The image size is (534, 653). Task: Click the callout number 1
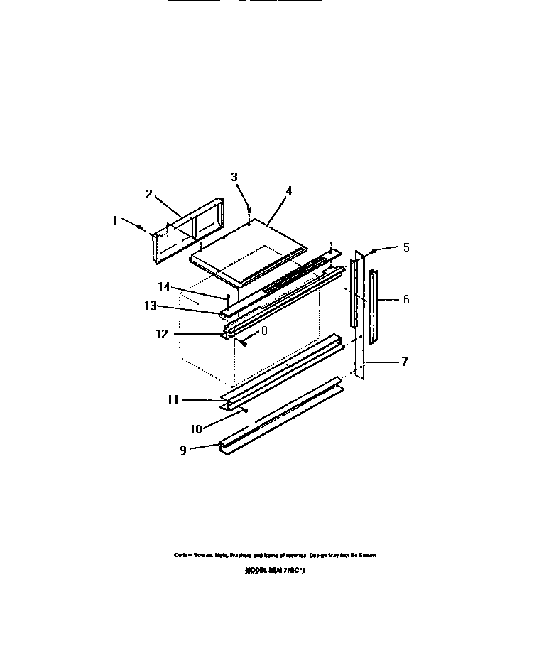pyautogui.click(x=114, y=220)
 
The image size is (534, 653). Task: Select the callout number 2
pyautogui.click(x=149, y=193)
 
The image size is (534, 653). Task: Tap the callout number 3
pyautogui.click(x=234, y=177)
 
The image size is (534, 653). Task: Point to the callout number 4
pyautogui.click(x=288, y=190)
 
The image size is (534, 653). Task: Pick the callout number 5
pyautogui.click(x=405, y=248)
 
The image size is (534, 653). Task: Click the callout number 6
pyautogui.click(x=405, y=300)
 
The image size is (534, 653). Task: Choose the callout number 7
pyautogui.click(x=404, y=362)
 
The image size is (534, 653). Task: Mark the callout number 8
pyautogui.click(x=264, y=330)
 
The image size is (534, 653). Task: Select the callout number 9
pyautogui.click(x=183, y=450)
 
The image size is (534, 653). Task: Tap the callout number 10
pyautogui.click(x=196, y=428)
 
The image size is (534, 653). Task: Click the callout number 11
pyautogui.click(x=173, y=400)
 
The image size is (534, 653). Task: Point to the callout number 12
pyautogui.click(x=163, y=333)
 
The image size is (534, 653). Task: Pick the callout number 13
pyautogui.click(x=151, y=306)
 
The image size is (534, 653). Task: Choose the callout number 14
pyautogui.click(x=164, y=286)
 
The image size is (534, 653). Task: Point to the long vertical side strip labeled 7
pyautogui.click(x=362, y=313)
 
